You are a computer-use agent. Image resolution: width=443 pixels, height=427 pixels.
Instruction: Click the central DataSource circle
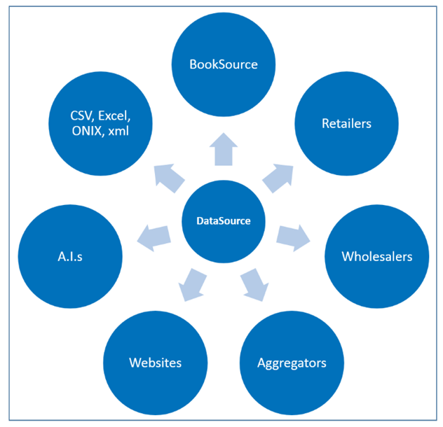pos(224,221)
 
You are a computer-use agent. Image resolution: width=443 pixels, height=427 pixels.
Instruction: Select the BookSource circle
pos(224,64)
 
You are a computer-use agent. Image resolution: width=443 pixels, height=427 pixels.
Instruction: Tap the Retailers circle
pos(347,124)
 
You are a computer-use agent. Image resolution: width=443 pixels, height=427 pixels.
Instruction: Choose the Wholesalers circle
pos(377,256)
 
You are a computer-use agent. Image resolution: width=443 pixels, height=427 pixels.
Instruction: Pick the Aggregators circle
pos(292,363)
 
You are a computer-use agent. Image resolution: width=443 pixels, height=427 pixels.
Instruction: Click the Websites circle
pos(156,363)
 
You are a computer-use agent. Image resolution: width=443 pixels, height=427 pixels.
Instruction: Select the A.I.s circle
pos(70,256)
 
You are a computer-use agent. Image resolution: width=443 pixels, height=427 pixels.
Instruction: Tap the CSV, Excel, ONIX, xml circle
pos(100,124)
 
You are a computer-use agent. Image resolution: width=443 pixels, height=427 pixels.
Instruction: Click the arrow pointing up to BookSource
pos(224,150)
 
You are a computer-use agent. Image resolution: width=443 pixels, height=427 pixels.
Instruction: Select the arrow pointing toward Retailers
pos(278,178)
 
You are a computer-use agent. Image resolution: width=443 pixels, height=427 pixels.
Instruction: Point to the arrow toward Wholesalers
pos(293,238)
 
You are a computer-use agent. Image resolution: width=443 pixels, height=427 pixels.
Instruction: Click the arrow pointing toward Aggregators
pos(255,284)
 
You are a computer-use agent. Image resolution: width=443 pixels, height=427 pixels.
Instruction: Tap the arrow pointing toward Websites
pos(192,284)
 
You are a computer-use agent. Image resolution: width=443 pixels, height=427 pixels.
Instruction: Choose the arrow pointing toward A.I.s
pos(154,238)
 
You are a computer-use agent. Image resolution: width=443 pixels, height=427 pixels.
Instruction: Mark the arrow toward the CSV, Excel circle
pos(169,178)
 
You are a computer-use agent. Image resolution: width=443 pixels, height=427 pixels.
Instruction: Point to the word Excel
pos(114,116)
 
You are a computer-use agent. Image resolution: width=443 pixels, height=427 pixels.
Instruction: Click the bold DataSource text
pos(224,220)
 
